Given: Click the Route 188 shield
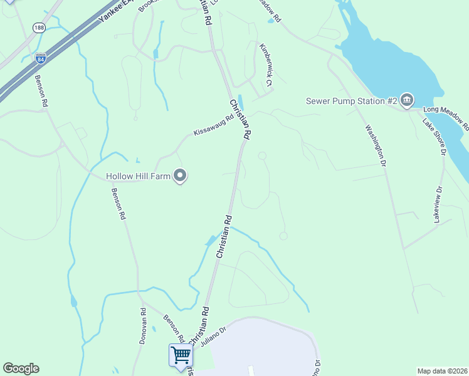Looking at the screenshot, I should click(40, 28).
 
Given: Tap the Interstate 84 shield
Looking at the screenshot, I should click(41, 58).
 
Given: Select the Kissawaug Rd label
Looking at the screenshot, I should click(213, 123).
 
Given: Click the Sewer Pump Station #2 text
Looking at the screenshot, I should click(351, 101).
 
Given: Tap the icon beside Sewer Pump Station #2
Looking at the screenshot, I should click(407, 100).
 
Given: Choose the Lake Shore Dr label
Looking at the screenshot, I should click(434, 137).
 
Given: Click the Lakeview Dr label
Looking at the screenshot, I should click(438, 204).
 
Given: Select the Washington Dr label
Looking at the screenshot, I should click(374, 145).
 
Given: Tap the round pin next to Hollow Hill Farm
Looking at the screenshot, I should click(181, 176).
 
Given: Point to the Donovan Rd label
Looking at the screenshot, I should click(143, 326).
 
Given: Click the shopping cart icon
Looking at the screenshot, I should click(181, 355).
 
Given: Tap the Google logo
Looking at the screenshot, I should click(21, 368).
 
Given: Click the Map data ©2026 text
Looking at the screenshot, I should click(442, 371).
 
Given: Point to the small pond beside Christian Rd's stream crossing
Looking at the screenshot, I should click(209, 240).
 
